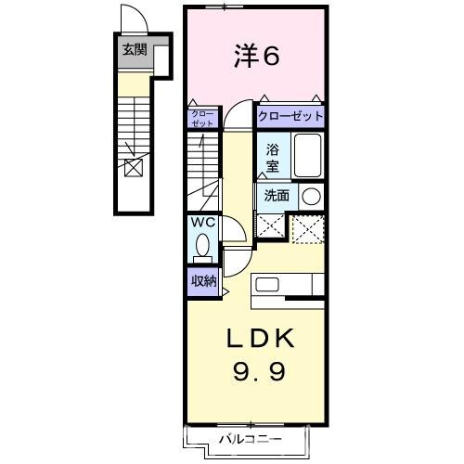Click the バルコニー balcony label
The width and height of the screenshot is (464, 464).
(250, 436)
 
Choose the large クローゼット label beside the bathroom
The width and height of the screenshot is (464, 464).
(290, 117)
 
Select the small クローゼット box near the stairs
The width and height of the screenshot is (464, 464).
(201, 118)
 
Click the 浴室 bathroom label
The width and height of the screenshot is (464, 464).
(273, 156)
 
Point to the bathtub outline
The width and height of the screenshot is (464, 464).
(307, 155)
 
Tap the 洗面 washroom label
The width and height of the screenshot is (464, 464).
(276, 196)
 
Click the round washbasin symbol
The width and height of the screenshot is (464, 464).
(311, 196)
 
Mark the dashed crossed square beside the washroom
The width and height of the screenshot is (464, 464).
(307, 227)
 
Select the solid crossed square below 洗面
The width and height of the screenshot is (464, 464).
(271, 226)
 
